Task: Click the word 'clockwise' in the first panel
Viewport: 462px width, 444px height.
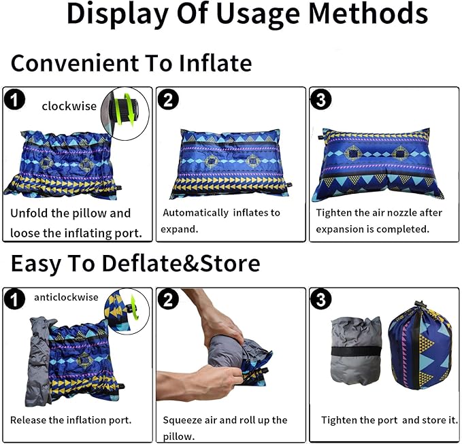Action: [69, 106]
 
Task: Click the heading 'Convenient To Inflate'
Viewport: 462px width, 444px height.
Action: [131, 63]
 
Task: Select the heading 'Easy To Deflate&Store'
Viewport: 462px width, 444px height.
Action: [135, 262]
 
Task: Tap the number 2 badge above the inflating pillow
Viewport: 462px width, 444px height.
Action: [167, 100]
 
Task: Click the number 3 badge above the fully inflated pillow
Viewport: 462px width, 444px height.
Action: [320, 100]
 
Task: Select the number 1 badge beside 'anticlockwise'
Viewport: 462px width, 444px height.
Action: [14, 298]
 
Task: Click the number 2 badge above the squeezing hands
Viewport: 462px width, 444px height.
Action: [167, 298]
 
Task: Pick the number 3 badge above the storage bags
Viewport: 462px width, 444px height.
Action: [320, 298]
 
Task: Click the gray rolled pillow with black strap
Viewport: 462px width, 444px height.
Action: [354, 351]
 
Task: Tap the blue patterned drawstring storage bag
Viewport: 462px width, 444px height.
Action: [420, 347]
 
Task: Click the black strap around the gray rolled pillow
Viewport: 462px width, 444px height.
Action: [354, 352]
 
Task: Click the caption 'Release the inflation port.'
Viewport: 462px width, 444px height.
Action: [71, 420]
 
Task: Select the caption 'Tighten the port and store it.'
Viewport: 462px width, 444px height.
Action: [389, 420]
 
